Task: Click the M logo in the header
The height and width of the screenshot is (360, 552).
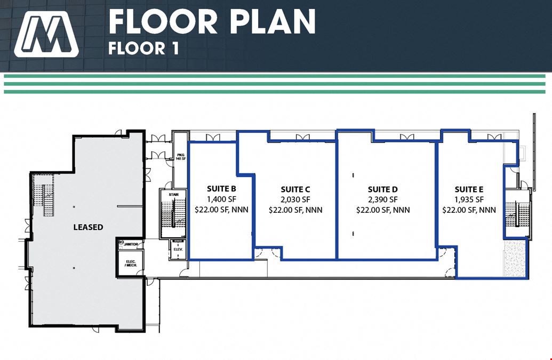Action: (x=46, y=34)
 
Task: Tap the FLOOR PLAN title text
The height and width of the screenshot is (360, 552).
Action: (x=212, y=21)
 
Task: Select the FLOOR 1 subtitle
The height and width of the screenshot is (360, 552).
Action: (x=143, y=49)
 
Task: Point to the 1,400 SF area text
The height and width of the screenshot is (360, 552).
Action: (x=221, y=199)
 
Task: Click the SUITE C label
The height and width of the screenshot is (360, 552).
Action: (x=295, y=190)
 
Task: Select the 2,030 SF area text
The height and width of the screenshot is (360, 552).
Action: (x=295, y=200)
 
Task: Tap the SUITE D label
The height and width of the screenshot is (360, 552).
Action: (x=383, y=189)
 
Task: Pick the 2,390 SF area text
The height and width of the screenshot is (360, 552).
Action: (x=383, y=199)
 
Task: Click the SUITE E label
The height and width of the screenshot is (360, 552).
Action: (x=469, y=189)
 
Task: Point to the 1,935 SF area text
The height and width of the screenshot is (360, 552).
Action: (x=469, y=199)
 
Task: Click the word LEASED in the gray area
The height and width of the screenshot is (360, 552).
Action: (x=89, y=227)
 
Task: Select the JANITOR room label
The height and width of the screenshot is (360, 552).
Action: (x=131, y=244)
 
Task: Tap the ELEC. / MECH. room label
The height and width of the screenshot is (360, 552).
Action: (x=131, y=263)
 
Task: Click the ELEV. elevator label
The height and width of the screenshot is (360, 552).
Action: (x=178, y=250)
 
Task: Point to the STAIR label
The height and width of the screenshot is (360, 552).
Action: (x=173, y=194)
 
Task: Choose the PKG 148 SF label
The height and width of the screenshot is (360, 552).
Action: (x=181, y=157)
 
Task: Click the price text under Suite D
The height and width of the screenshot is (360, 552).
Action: (x=383, y=210)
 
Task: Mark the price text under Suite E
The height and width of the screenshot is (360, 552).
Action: (x=469, y=210)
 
